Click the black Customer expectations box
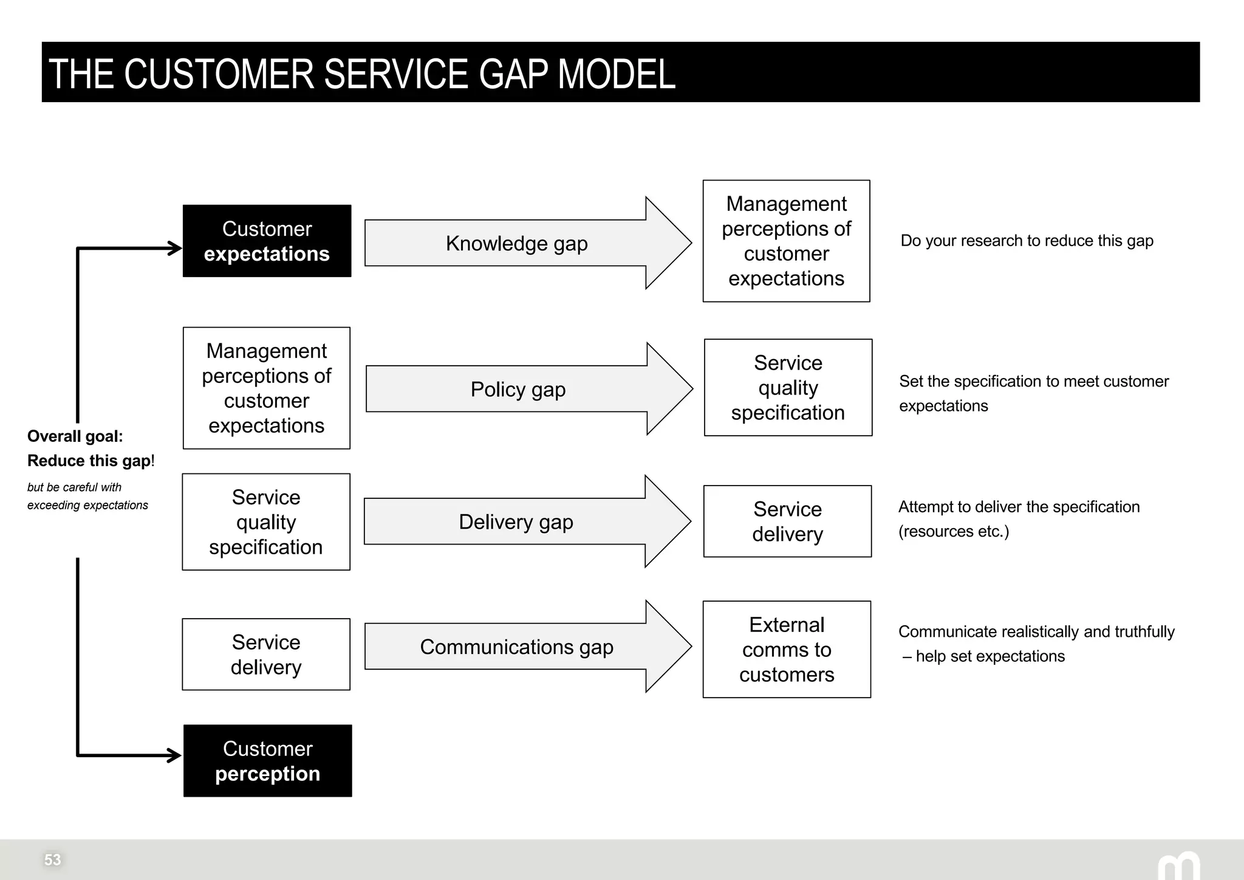point(267,241)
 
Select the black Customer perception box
point(267,761)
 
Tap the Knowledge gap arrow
point(517,243)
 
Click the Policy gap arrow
point(518,389)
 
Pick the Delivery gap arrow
point(516,521)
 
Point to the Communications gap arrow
point(517,647)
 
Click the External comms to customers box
point(787,649)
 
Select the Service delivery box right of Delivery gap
point(787,521)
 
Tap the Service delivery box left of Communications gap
point(266,655)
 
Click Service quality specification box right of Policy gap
point(788,388)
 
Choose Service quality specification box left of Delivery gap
point(266,522)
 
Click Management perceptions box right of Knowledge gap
point(786,241)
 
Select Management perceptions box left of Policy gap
point(266,388)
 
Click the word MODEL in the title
point(616,74)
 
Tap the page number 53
point(52,859)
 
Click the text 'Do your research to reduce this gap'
point(1027,241)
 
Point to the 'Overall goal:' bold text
point(75,436)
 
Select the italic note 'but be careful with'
point(74,487)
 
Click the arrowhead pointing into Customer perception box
point(175,755)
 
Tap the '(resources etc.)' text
point(953,531)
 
